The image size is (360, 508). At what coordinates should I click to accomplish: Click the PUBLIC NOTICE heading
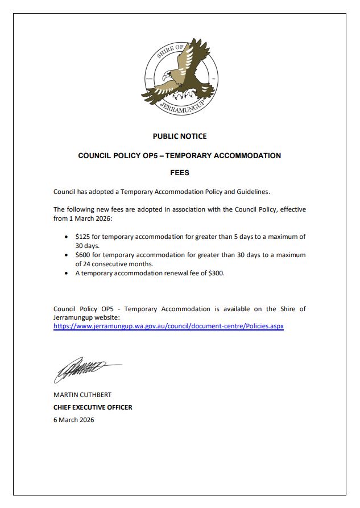(x=180, y=137)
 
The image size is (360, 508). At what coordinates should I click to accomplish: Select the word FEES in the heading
(x=180, y=173)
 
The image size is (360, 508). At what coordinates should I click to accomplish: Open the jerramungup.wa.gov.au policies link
(x=168, y=327)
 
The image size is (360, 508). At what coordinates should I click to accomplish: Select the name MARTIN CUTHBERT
(x=82, y=395)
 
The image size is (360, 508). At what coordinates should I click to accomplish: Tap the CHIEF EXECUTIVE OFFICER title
(x=93, y=407)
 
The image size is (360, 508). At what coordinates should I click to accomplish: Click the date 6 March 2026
(x=74, y=420)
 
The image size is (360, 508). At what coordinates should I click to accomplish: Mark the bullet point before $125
(x=68, y=236)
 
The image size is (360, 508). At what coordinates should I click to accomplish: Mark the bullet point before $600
(x=68, y=255)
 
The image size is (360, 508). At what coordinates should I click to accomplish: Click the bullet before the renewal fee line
(x=68, y=274)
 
